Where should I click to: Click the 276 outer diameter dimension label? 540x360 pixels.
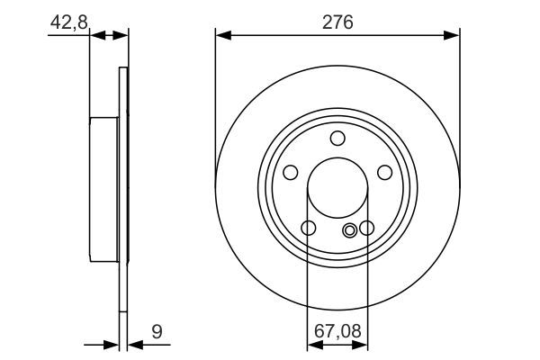click(x=337, y=19)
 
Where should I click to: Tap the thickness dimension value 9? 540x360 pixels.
click(x=157, y=332)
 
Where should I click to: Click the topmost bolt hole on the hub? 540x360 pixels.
click(x=337, y=138)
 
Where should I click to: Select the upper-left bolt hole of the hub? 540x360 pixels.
click(x=291, y=172)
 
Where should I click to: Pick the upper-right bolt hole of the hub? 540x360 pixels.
click(x=384, y=172)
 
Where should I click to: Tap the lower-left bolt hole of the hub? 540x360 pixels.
click(x=309, y=228)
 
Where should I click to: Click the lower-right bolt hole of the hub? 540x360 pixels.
click(x=366, y=228)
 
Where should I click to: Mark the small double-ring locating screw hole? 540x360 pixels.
click(x=350, y=230)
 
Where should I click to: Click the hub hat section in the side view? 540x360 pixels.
click(x=104, y=189)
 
